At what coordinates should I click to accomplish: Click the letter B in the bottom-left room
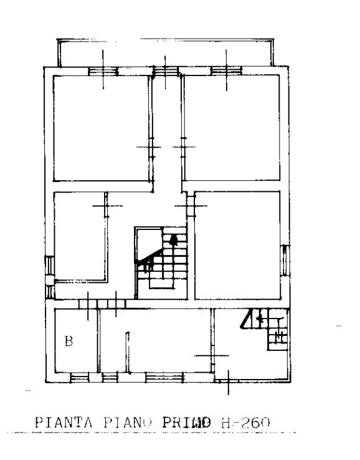pyautogui.click(x=69, y=341)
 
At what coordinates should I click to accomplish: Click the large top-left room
pyautogui.click(x=102, y=128)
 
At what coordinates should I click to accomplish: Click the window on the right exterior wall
pyautogui.click(x=285, y=261)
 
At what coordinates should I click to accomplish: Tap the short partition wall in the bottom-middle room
pyautogui.click(x=128, y=352)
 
